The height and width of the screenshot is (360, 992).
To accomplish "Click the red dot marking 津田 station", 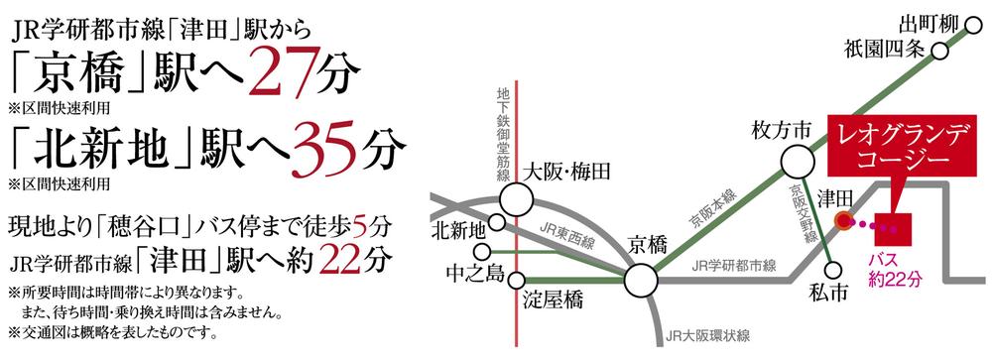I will click(x=843, y=222).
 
